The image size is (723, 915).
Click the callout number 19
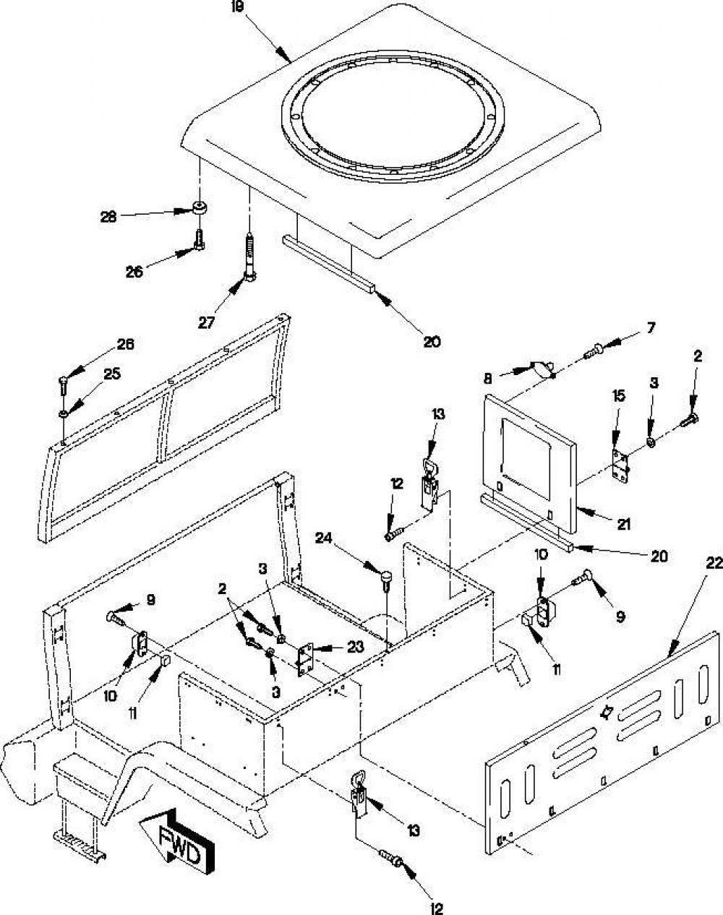(x=238, y=9)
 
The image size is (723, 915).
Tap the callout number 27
(x=207, y=323)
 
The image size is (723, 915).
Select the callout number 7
(x=651, y=328)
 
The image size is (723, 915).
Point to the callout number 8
(x=488, y=379)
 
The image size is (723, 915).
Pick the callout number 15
(x=619, y=396)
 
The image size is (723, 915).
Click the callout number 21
(x=623, y=524)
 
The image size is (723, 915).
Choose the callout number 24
(x=324, y=538)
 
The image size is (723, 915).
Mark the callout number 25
(x=112, y=374)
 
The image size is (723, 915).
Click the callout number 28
(x=108, y=217)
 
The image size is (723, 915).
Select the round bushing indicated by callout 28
(x=199, y=208)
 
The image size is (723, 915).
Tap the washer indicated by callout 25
(x=64, y=413)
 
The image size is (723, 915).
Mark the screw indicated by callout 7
(x=591, y=352)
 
